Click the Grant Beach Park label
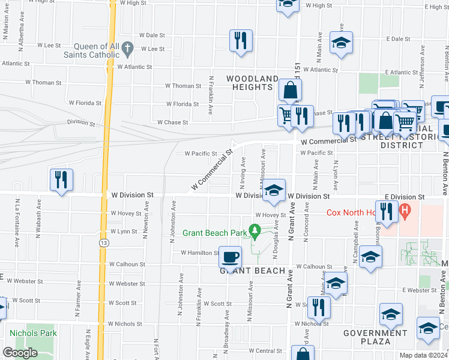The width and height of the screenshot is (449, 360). click(215, 232)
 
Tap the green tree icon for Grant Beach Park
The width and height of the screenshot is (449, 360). click(255, 230)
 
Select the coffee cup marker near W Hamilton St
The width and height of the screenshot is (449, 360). click(230, 257)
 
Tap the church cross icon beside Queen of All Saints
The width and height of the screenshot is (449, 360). click(127, 47)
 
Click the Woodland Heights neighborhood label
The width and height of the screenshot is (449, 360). click(252, 83)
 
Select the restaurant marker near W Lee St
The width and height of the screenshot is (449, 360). click(240, 41)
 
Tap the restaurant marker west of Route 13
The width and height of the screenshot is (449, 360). click(62, 179)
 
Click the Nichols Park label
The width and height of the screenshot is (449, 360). click(33, 333)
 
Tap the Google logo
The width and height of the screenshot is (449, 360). click(20, 353)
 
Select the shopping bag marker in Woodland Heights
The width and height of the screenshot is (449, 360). click(289, 91)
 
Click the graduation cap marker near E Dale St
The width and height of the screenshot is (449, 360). click(341, 43)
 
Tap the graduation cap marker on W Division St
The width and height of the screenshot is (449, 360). click(273, 191)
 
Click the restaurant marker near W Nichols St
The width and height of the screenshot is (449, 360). click(319, 307)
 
